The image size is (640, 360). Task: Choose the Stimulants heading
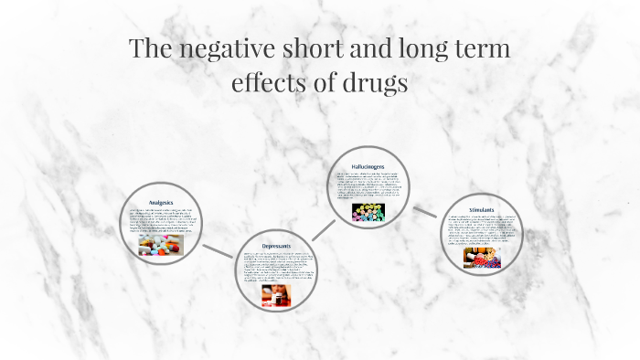coord(482,210)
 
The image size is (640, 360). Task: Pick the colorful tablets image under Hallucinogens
coord(368,213)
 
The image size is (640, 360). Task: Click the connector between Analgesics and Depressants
coord(217,250)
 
